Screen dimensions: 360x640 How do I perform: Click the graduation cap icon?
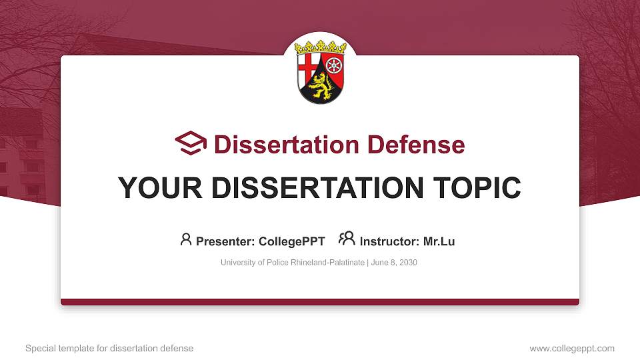tap(191, 143)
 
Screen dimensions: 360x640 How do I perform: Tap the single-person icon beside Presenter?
tap(186, 239)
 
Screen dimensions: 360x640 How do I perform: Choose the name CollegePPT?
tap(291, 241)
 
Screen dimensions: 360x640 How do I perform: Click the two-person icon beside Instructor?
tap(347, 238)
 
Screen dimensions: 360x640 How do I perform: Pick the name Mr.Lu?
tap(439, 241)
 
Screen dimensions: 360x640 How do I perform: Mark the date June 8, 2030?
tap(394, 263)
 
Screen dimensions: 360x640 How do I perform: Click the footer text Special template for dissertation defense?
tap(109, 348)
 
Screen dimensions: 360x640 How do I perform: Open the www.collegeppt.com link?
tap(572, 348)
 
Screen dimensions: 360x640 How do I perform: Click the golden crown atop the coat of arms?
tap(321, 47)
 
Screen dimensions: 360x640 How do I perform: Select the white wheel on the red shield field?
tap(334, 67)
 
